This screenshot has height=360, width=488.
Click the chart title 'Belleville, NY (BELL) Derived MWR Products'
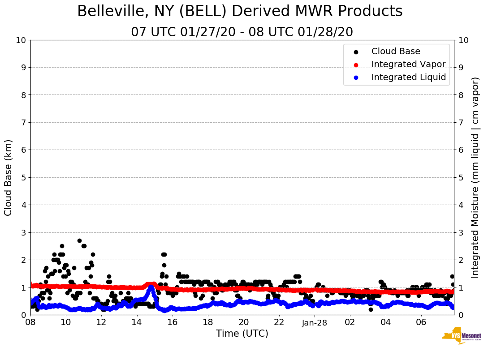240,11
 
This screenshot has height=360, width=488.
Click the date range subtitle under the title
242,32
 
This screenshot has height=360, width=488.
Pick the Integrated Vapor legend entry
408,64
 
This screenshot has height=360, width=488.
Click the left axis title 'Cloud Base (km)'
9,177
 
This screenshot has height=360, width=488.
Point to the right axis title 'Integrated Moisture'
475,177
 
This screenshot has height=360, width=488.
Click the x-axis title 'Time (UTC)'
242,334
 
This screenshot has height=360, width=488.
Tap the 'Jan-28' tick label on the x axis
315,322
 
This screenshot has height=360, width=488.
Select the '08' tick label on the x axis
30,322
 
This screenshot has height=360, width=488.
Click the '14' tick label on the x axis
137,322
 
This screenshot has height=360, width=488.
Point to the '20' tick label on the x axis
243,322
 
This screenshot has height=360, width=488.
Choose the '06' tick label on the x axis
421,322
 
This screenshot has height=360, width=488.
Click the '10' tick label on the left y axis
21,40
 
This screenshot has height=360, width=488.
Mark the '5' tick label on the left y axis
23,177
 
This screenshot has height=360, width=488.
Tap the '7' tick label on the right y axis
461,122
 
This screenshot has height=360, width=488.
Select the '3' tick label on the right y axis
461,232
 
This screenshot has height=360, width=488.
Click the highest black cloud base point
79,240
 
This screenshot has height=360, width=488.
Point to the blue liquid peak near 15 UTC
151,287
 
